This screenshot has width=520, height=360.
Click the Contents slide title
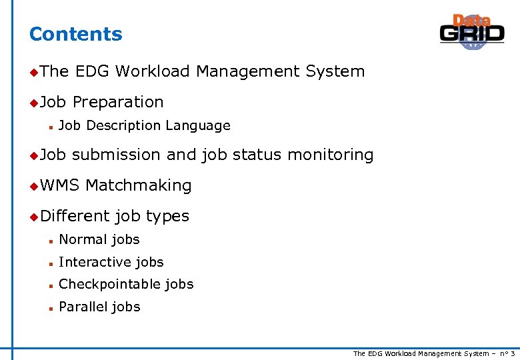click(x=76, y=34)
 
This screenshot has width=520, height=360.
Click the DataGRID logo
click(x=472, y=32)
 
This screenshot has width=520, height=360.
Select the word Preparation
click(x=118, y=102)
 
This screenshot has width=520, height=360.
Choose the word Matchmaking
click(x=139, y=185)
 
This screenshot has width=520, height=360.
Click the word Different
click(x=75, y=216)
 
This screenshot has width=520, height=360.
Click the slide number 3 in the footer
click(x=512, y=353)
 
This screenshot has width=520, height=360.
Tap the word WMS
click(x=59, y=185)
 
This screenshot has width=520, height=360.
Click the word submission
click(x=116, y=155)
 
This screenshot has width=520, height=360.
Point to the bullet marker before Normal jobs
click(x=50, y=240)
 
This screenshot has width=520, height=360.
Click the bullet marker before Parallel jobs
click(x=50, y=307)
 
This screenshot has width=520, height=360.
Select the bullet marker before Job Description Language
click(x=50, y=126)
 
